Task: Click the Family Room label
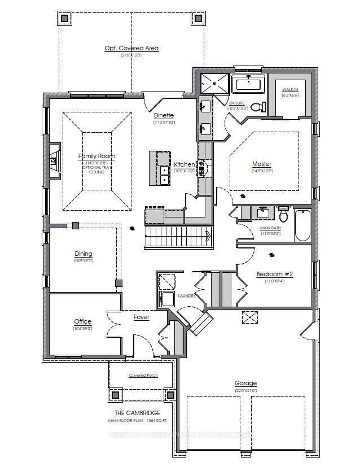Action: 96,156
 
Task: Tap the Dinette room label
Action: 164,116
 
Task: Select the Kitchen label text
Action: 184,164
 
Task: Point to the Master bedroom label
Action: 262,164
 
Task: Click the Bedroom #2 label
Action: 275,274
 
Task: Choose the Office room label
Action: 82,321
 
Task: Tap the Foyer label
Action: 141,317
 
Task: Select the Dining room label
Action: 83,254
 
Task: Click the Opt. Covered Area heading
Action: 131,48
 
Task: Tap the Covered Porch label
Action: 143,375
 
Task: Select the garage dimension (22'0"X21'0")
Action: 246,390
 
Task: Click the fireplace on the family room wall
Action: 54,161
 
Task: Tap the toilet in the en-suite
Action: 257,106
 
